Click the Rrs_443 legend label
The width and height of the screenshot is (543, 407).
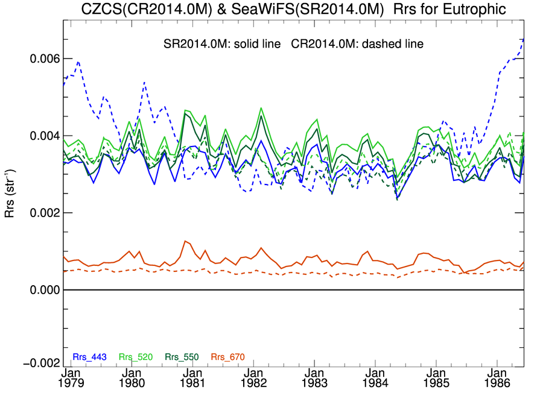pos(89,357)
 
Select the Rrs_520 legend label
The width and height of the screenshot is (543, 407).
pos(135,357)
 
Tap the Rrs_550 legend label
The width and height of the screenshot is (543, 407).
pos(180,357)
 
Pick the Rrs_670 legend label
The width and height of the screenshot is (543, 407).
pos(227,357)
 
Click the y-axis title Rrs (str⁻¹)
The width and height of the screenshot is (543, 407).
pos(11,189)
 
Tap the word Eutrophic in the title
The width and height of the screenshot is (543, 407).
pos(472,10)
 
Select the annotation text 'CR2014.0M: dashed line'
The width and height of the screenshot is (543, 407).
pos(353,44)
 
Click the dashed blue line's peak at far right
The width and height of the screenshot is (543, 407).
pos(522,39)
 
